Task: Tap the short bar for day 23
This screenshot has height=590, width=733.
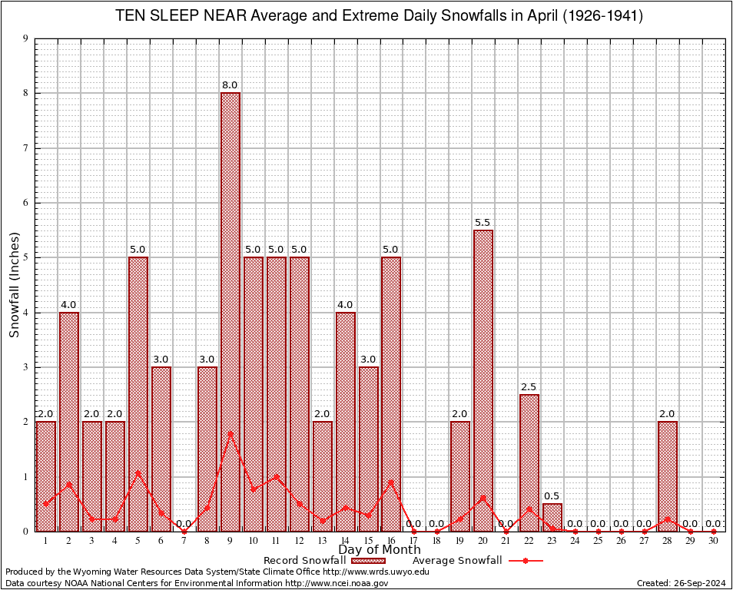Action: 552,517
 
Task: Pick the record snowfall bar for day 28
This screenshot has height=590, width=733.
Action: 668,476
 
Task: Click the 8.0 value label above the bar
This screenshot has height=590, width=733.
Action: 230,85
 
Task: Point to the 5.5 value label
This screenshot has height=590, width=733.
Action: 483,223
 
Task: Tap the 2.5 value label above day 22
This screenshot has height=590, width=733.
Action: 529,387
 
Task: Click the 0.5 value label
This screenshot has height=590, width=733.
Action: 552,496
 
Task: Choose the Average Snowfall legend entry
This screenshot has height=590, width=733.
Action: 473,561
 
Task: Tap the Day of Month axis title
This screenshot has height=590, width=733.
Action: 380,549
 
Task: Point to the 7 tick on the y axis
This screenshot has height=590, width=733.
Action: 25,148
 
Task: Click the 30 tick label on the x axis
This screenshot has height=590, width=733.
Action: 714,541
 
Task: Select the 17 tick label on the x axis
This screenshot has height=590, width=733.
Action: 414,541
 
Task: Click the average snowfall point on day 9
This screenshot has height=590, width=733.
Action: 231,433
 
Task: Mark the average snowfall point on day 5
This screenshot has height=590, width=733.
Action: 138,472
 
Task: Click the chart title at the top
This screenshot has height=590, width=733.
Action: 380,15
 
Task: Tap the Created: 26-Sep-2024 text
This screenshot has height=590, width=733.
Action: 682,583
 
